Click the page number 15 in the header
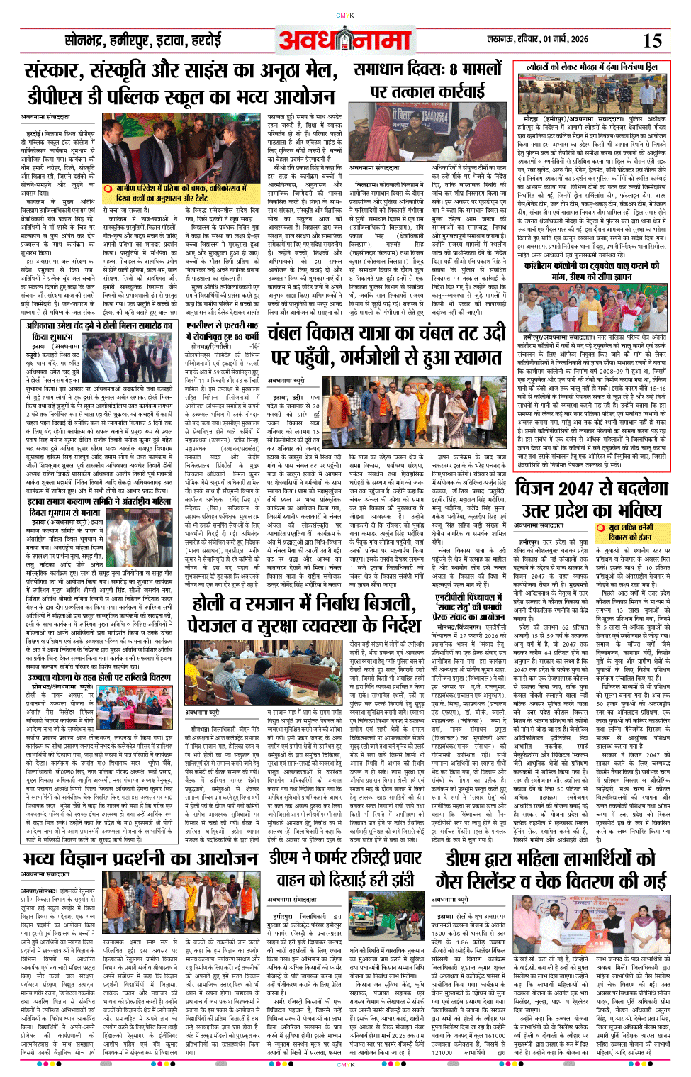click(652, 40)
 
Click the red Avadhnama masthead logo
click(344, 40)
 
